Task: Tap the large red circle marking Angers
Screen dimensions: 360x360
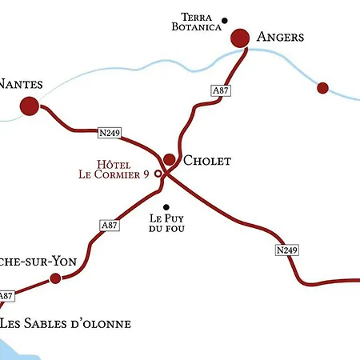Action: pyautogui.click(x=241, y=38)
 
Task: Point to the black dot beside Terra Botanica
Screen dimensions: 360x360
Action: pyautogui.click(x=225, y=21)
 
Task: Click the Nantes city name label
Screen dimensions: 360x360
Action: pyautogui.click(x=21, y=83)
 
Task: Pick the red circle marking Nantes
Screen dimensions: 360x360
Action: pyautogui.click(x=30, y=105)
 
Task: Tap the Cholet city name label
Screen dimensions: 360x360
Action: pyautogui.click(x=207, y=161)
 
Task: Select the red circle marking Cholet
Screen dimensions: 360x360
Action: pyautogui.click(x=170, y=159)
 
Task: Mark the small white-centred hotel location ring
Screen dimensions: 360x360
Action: pyautogui.click(x=158, y=173)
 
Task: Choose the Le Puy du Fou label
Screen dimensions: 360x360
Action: pyautogui.click(x=166, y=222)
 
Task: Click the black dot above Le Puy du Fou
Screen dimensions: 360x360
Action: pyautogui.click(x=166, y=207)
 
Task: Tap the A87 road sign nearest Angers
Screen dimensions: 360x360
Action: pyautogui.click(x=221, y=91)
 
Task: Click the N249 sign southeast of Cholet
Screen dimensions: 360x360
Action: pyautogui.click(x=286, y=250)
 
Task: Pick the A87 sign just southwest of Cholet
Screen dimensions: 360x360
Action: pyautogui.click(x=110, y=225)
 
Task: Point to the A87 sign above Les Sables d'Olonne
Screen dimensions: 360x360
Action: pyautogui.click(x=6, y=296)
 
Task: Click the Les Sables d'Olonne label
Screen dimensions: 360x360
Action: pyautogui.click(x=65, y=324)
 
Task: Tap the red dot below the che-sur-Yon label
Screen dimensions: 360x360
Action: pyautogui.click(x=55, y=278)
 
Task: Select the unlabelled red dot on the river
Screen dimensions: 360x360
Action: pyautogui.click(x=322, y=87)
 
